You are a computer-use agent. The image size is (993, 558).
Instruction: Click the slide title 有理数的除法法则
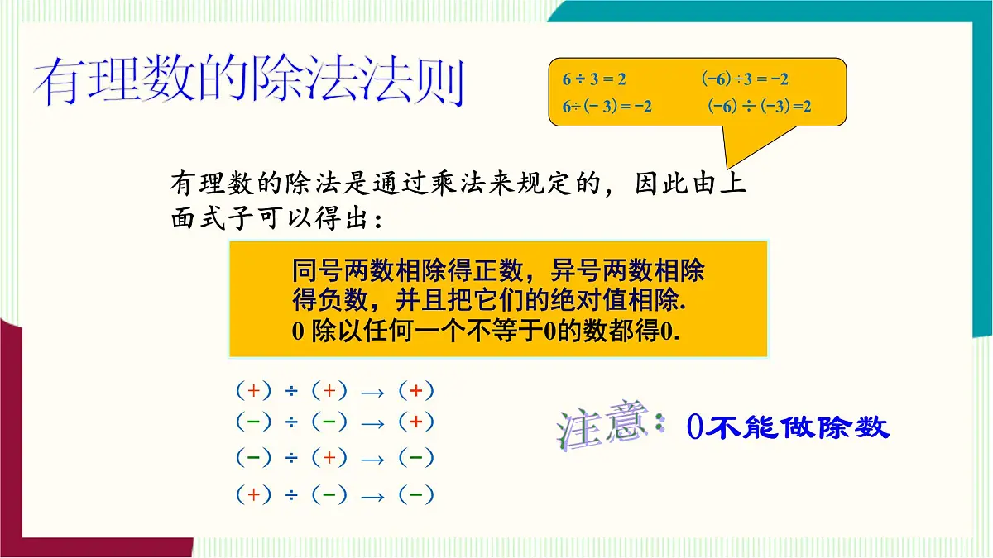click(248, 81)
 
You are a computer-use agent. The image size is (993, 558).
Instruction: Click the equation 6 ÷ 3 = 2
click(594, 80)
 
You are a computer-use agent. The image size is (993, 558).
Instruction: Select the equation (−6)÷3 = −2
click(745, 80)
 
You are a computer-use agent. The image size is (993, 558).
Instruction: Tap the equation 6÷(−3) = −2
click(607, 107)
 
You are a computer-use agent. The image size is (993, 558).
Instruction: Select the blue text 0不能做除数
click(788, 427)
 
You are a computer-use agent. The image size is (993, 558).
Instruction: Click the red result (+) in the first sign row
click(416, 390)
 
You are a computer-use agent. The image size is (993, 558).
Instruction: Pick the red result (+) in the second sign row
click(416, 422)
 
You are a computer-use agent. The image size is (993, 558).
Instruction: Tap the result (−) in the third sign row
click(416, 457)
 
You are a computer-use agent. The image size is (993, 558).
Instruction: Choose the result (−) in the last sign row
click(416, 494)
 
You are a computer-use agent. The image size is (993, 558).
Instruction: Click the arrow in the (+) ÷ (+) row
click(373, 392)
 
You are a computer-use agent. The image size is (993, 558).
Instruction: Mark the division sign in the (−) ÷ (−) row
click(291, 423)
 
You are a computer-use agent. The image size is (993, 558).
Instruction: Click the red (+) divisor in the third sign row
click(329, 457)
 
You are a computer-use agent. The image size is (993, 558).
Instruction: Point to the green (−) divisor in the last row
click(329, 494)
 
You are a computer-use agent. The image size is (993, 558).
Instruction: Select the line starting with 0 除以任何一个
click(486, 332)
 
